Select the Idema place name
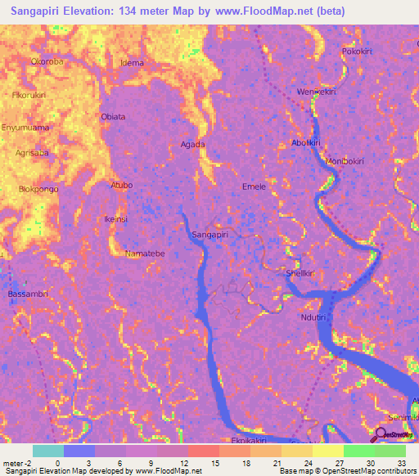(132, 63)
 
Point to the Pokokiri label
(358, 51)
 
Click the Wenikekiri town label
(317, 92)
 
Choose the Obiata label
(113, 116)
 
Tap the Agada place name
(192, 144)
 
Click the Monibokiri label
(345, 160)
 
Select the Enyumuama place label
(25, 128)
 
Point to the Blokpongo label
(38, 189)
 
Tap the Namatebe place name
(146, 254)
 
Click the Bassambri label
(27, 293)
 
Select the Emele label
(254, 186)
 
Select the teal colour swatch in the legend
(48, 451)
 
